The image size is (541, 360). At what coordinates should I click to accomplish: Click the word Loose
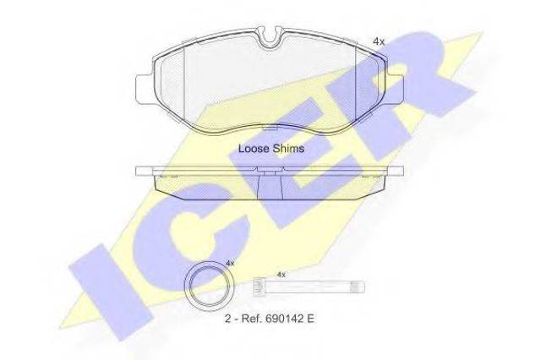coord(254,148)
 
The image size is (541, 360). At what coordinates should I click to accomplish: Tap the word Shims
coord(288,148)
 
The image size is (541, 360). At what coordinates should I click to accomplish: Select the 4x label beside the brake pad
coord(379,41)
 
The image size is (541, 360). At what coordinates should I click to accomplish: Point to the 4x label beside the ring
coord(230,263)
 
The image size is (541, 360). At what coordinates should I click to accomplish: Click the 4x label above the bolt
coord(281,275)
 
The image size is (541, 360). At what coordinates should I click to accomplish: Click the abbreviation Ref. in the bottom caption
coord(252,319)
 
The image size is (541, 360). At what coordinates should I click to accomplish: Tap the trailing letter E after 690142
coord(310,319)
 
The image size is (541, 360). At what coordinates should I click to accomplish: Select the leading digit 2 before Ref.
coord(227,319)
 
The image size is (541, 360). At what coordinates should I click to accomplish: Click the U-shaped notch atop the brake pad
coord(270,39)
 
